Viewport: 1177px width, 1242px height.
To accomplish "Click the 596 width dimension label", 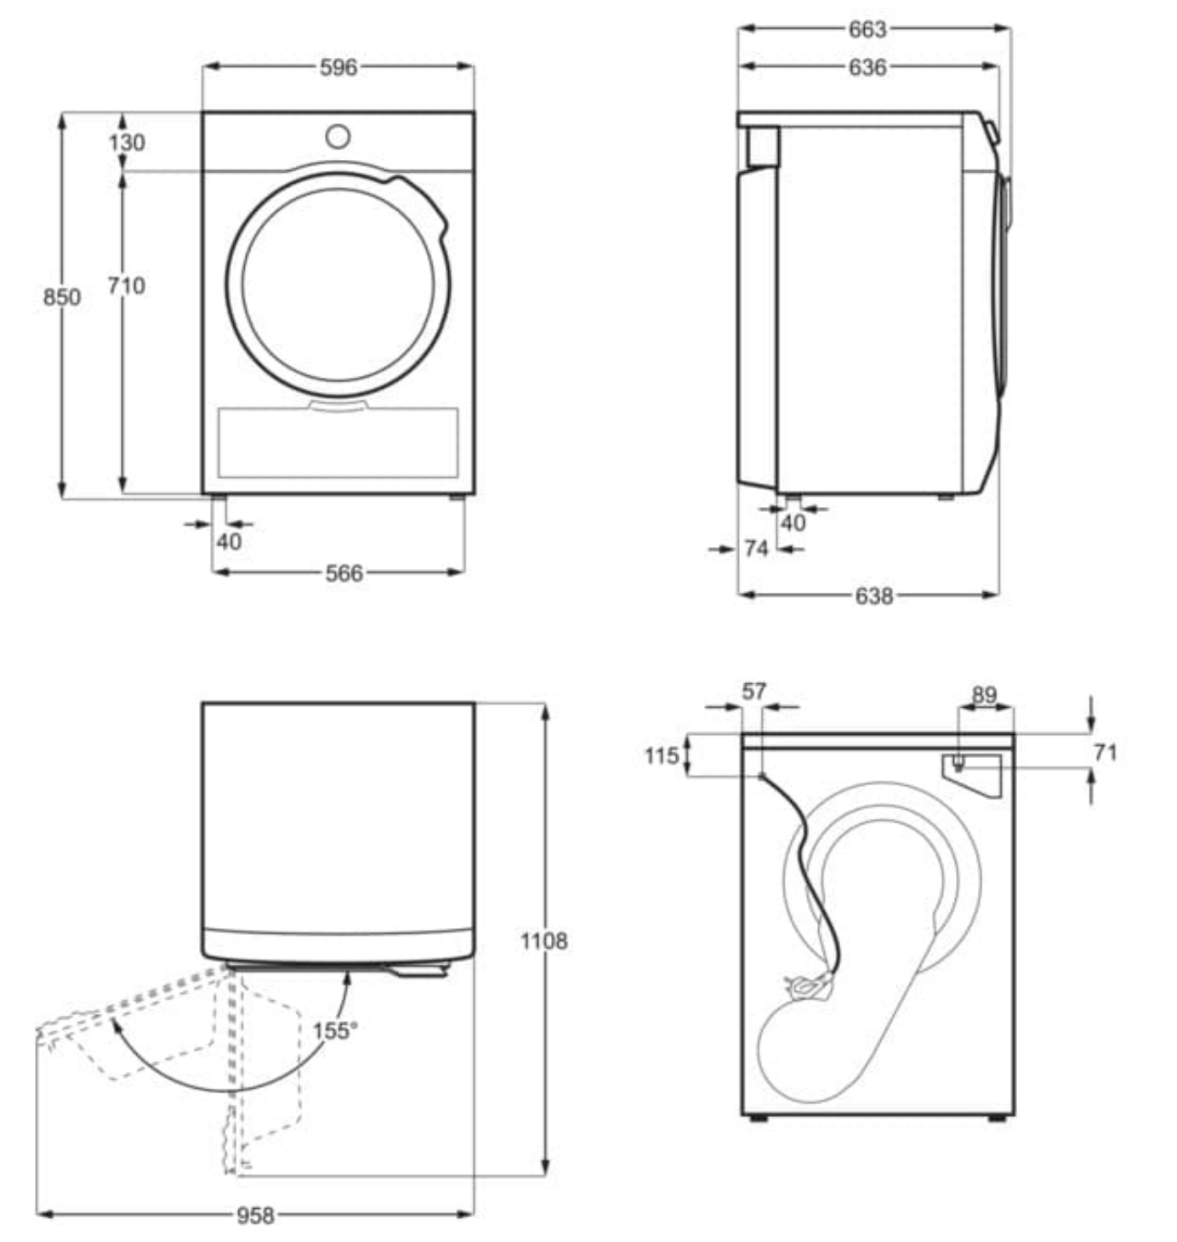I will click(338, 67).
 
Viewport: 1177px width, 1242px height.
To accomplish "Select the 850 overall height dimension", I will click(62, 297).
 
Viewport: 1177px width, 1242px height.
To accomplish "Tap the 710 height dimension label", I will click(126, 286).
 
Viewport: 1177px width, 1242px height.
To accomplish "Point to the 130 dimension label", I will click(126, 142).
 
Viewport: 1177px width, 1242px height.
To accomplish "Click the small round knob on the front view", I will click(338, 137).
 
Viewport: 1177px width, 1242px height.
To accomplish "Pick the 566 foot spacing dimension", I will click(344, 573).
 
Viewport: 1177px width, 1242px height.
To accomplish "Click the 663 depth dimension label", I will click(867, 30).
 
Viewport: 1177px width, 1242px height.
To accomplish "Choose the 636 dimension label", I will click(867, 67).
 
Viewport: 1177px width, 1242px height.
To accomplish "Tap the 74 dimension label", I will click(756, 549).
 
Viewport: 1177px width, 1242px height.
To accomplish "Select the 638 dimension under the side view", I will click(874, 596).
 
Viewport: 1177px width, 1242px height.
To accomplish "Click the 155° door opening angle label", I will click(334, 1031).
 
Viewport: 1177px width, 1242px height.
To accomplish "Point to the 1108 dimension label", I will click(543, 941).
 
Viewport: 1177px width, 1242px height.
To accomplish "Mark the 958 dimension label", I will click(255, 1216).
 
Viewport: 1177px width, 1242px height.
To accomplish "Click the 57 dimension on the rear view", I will click(753, 692).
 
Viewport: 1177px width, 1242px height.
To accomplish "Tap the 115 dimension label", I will click(662, 755).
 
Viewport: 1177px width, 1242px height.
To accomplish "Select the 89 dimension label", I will click(984, 695).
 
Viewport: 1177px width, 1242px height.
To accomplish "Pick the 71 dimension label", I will click(1104, 752).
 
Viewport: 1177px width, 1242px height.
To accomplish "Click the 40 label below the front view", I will click(229, 541).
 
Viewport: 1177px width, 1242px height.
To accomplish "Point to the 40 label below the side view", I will click(793, 523).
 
